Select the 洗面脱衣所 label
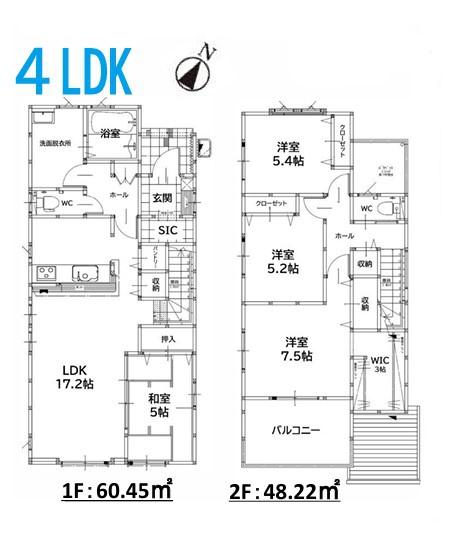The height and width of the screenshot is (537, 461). [54, 144]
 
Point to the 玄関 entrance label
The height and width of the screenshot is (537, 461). [164, 197]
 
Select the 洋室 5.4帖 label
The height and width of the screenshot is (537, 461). [290, 155]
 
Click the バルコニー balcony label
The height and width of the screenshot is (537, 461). [297, 430]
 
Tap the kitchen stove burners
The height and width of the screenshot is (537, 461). [46, 273]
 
